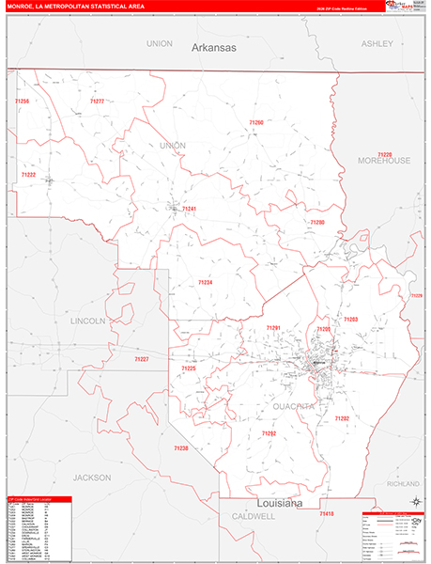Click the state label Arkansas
click(x=215, y=47)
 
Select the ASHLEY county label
click(x=377, y=43)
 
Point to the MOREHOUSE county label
click(x=384, y=161)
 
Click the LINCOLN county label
click(x=88, y=321)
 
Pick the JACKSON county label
click(x=92, y=450)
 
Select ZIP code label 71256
click(x=21, y=102)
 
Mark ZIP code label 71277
click(x=97, y=101)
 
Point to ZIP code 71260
click(x=256, y=122)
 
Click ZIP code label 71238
click(x=181, y=447)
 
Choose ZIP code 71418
click(x=325, y=514)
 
